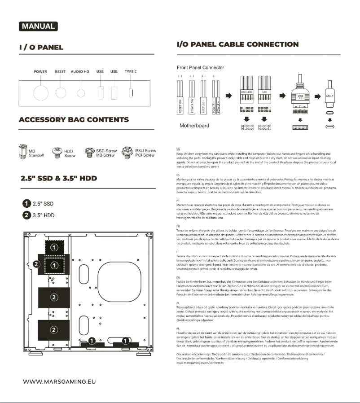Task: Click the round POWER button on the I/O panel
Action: point(40,93)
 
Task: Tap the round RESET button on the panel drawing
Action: point(61,93)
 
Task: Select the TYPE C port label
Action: point(131,72)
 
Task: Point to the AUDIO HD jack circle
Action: point(81,93)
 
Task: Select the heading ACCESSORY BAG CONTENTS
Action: point(74,120)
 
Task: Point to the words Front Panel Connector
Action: point(200,67)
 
